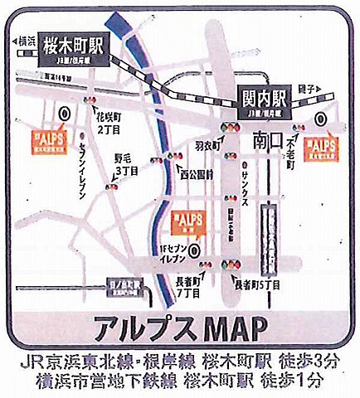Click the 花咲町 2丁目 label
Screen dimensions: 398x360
pos(110,125)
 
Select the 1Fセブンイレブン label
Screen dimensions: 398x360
pos(174,253)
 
